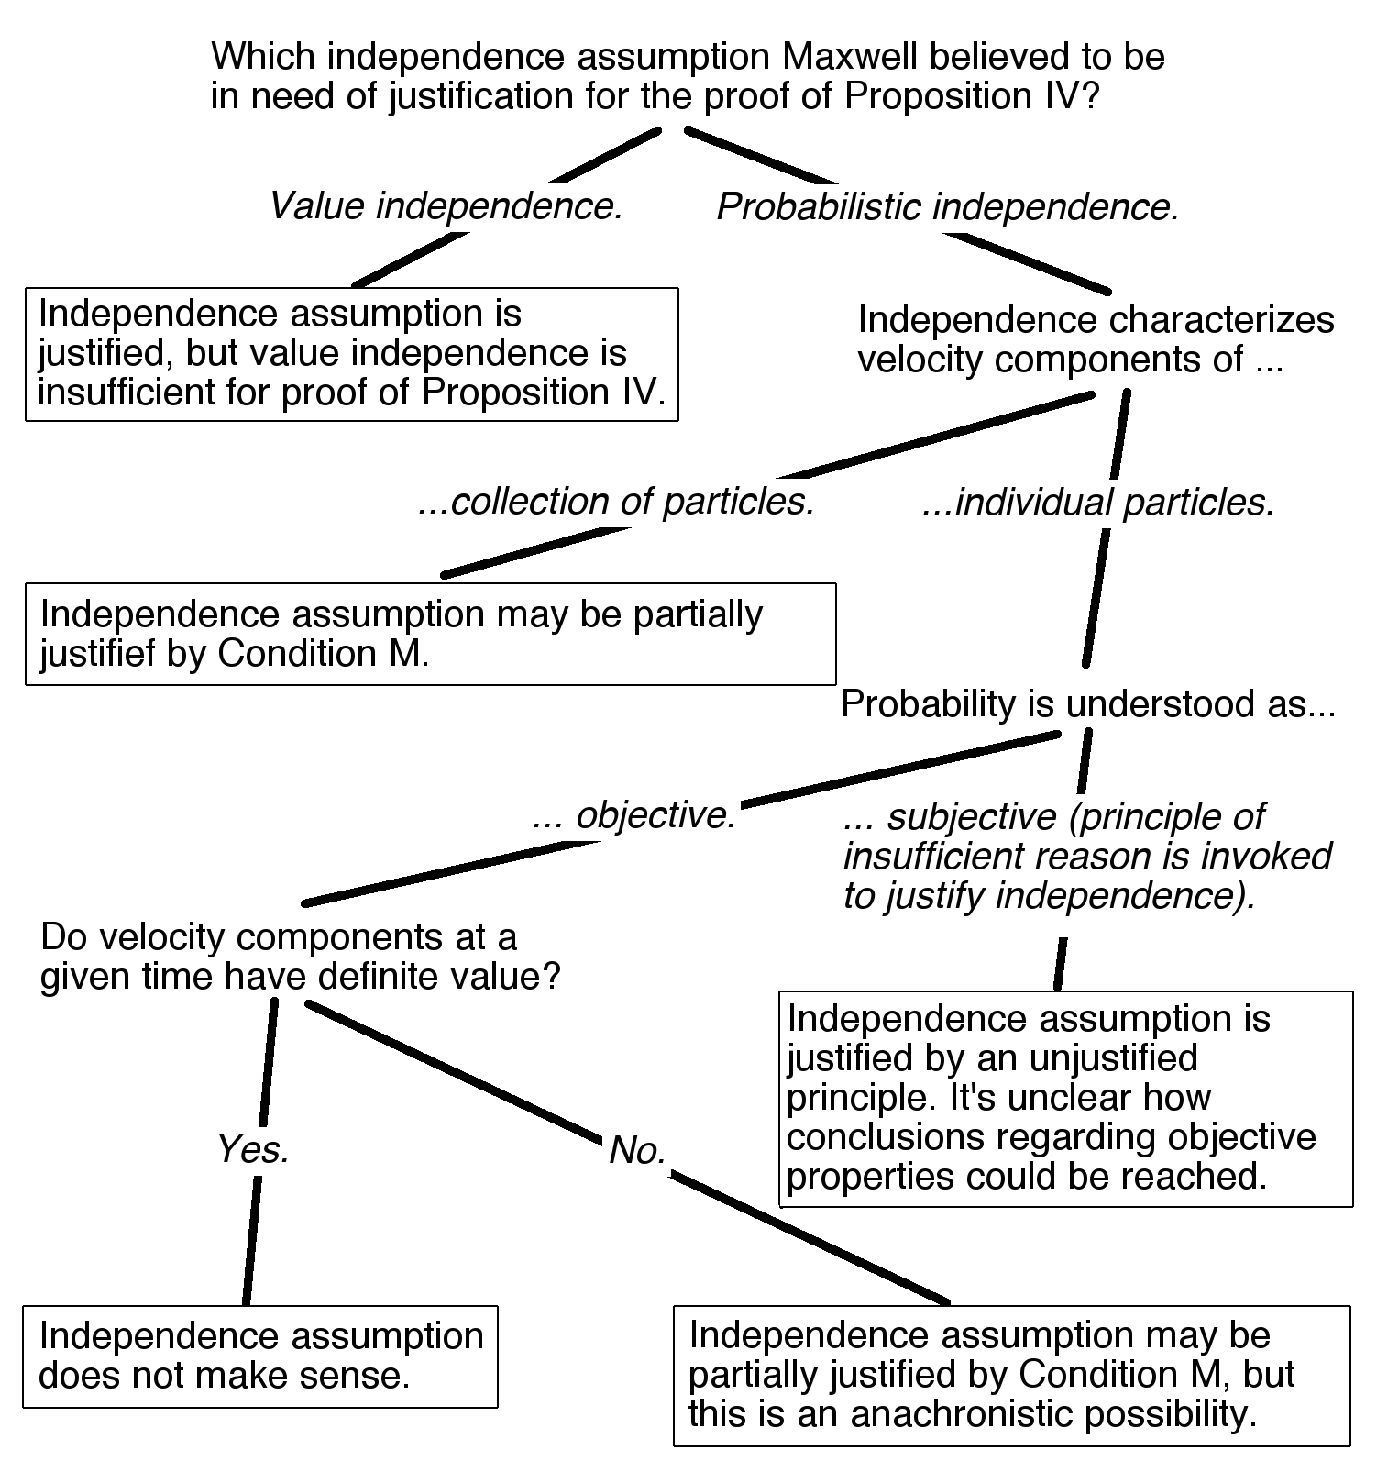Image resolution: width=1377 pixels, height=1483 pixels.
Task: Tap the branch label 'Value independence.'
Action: [446, 206]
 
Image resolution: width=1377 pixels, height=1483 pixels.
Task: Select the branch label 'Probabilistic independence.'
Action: [947, 207]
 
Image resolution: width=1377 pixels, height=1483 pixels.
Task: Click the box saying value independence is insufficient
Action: [351, 354]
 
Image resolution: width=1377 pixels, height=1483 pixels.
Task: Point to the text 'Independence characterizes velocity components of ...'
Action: [1096, 339]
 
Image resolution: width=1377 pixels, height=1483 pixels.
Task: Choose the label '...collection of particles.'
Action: [616, 503]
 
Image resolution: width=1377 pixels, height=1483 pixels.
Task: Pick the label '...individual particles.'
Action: [1098, 503]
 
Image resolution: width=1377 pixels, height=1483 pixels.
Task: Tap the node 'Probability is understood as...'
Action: [1088, 704]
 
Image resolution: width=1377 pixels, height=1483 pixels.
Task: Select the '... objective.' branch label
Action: [634, 815]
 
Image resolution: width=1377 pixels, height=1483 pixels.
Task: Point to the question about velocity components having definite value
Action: [300, 957]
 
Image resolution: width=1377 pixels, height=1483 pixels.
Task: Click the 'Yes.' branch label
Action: [253, 1149]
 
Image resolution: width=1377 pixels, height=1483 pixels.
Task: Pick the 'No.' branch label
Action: [638, 1150]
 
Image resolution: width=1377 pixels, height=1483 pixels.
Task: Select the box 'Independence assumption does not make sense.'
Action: [259, 1356]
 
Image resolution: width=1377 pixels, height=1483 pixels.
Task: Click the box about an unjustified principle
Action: [1064, 1098]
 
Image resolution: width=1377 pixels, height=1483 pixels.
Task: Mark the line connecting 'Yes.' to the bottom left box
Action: [251, 1238]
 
